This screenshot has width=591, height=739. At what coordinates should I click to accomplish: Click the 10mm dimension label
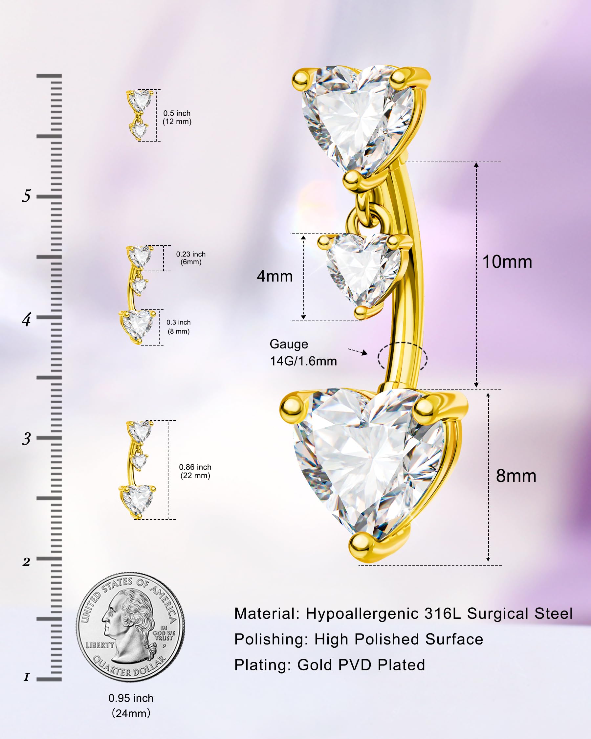(x=507, y=262)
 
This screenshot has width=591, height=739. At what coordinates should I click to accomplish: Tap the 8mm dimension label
(x=516, y=476)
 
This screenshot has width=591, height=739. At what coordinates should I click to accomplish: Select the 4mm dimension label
(x=275, y=276)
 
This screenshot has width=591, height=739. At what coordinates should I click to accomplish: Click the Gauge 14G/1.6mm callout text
(x=303, y=352)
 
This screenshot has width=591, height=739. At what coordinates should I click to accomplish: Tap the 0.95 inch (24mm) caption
(x=131, y=705)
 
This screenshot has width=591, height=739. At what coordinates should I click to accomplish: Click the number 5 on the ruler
(x=26, y=196)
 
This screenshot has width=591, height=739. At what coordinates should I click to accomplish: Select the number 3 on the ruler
(x=26, y=438)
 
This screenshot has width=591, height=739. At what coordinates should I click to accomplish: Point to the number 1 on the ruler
(x=26, y=677)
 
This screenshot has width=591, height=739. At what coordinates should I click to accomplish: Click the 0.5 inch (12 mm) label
(x=177, y=117)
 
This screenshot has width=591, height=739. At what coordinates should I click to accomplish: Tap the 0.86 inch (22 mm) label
(x=195, y=471)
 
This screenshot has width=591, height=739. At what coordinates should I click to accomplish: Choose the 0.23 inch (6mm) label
(x=191, y=258)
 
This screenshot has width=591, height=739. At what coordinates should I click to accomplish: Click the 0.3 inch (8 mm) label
(x=179, y=327)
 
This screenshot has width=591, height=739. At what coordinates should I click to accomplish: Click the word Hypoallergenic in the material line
(x=362, y=614)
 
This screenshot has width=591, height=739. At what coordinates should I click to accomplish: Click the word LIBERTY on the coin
(x=100, y=645)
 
